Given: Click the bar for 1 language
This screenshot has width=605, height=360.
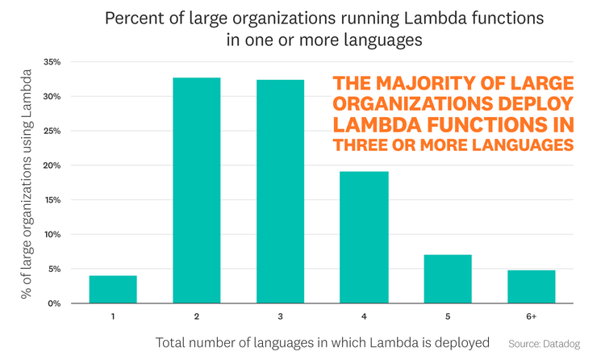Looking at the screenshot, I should point(113,290).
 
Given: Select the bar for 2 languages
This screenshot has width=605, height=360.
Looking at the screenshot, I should point(197,190).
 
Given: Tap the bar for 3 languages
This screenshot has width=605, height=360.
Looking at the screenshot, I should point(282,191).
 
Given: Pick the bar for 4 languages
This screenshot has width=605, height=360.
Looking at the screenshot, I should point(365,237).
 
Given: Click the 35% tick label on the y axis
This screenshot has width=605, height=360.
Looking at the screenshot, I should point(52,62).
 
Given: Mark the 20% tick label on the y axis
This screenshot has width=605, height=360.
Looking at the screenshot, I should point(52,165).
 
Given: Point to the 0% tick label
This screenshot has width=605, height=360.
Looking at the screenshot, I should point(54,303).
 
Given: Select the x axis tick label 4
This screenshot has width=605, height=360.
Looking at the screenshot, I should point(365,317).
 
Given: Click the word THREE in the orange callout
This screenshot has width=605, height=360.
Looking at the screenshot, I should point(364,144).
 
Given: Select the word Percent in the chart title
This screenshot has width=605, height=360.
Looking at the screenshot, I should point(134,18).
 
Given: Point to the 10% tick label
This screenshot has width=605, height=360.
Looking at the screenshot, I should point(52,235).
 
